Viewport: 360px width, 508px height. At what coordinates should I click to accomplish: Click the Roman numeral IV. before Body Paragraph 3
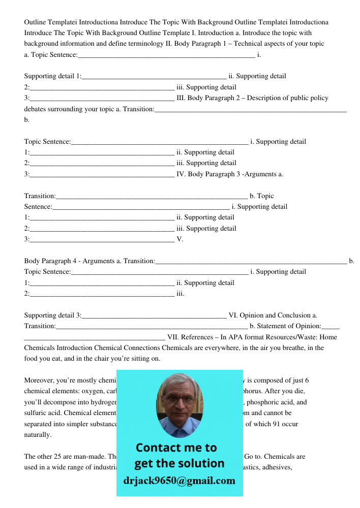(x=181, y=174)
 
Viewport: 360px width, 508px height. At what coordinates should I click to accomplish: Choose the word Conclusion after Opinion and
(x=294, y=315)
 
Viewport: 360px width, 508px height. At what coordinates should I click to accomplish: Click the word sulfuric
(x=36, y=413)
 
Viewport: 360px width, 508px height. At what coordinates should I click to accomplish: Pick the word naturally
(x=38, y=435)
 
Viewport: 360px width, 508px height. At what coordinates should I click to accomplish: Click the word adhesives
(x=276, y=467)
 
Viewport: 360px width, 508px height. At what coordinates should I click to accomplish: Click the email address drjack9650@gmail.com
(x=179, y=481)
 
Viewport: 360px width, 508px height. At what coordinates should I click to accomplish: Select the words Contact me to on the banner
(x=176, y=448)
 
